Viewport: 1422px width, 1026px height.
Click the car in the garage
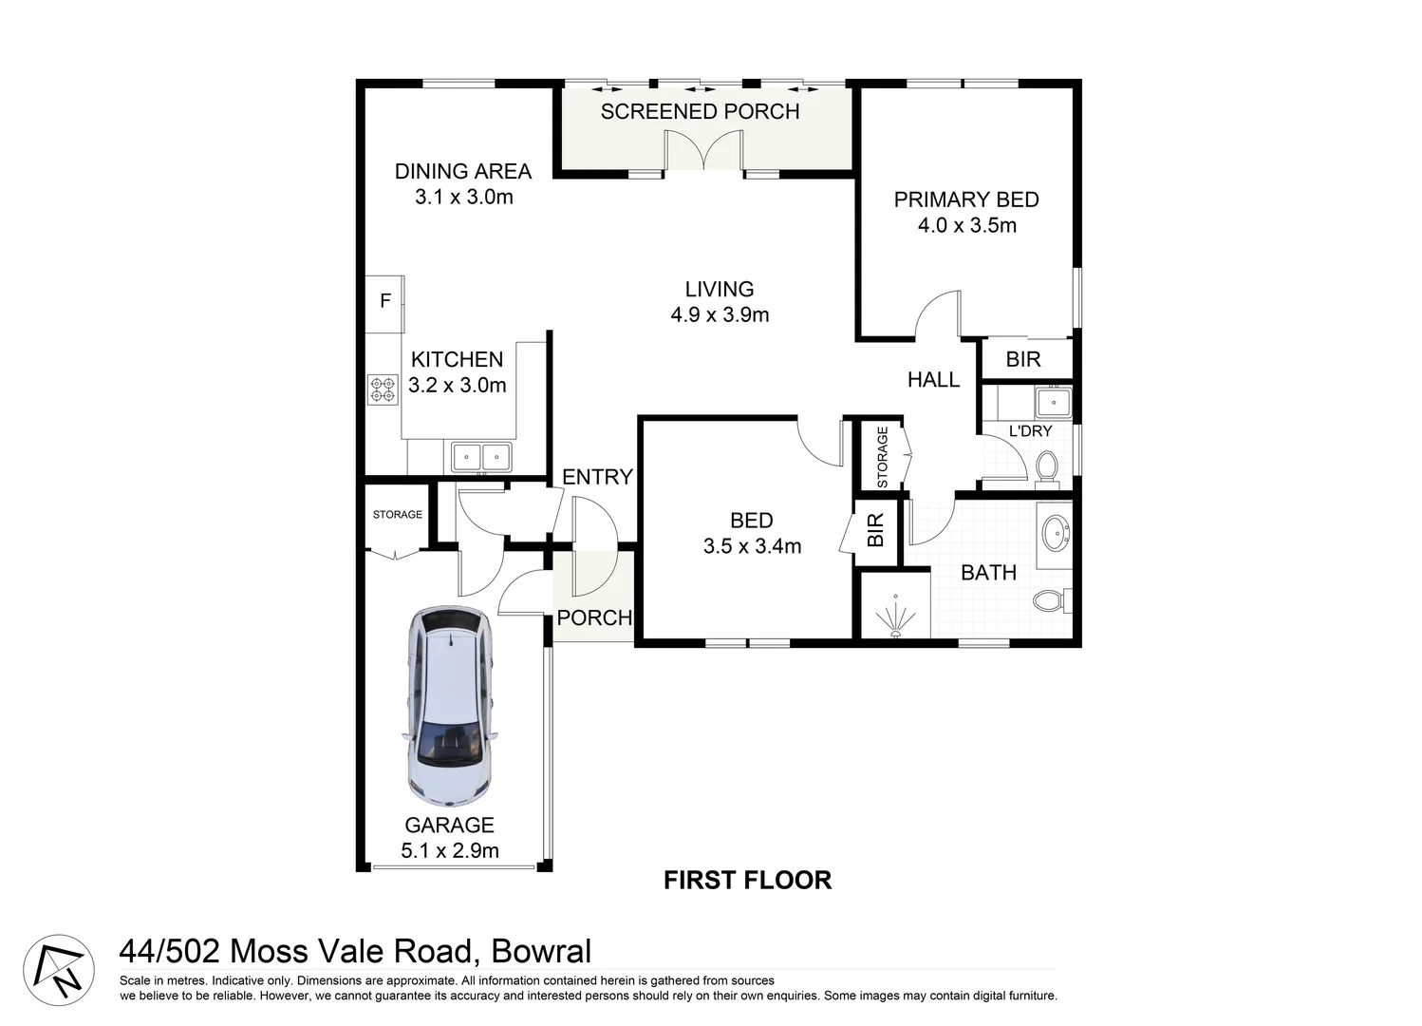pos(449,707)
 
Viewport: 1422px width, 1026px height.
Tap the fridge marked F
pos(384,304)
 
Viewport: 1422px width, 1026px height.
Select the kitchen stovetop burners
pos(383,389)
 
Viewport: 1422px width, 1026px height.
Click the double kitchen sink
pos(481,457)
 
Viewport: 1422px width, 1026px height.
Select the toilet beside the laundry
pos(1046,467)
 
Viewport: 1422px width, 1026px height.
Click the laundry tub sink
pos(1054,403)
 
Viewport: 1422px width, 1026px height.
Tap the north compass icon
pos(59,970)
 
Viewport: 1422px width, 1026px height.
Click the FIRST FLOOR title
pos(747,880)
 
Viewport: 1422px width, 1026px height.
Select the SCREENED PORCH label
pos(700,112)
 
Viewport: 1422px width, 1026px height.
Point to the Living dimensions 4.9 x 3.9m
pos(720,314)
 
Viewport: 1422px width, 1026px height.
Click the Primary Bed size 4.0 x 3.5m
pos(967,225)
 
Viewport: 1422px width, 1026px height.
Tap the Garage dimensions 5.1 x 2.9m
pos(449,850)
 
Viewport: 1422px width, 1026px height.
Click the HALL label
pos(933,380)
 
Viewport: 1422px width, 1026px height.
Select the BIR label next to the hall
pos(1022,360)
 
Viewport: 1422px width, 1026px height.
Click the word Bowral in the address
pos(541,951)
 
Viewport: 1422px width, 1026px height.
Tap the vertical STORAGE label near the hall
pos(882,457)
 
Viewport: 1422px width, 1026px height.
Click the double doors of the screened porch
pos(703,150)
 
